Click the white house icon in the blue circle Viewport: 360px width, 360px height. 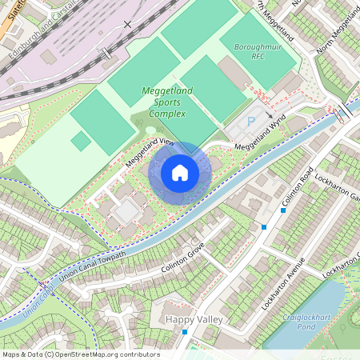point(180,172)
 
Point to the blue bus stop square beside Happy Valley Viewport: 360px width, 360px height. point(184,331)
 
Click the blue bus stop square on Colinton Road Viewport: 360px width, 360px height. point(263,227)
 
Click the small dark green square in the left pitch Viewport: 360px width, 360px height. point(81,142)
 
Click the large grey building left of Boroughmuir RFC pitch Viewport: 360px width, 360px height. point(234,73)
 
